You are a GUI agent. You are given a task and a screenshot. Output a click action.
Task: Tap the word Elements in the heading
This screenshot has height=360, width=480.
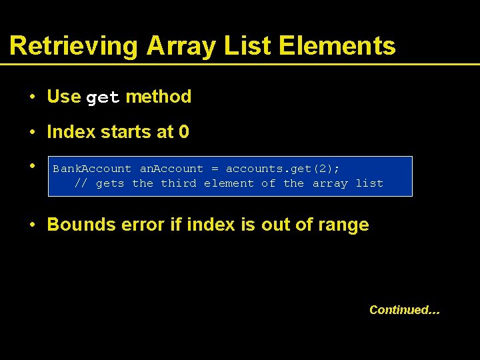(x=337, y=46)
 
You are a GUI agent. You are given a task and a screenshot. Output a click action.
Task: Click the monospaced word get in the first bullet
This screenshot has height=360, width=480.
(x=103, y=98)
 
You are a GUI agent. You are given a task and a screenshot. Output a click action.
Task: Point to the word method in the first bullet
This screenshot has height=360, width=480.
(x=158, y=97)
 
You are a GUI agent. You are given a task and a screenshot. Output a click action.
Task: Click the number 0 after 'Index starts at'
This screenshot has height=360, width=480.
(x=184, y=132)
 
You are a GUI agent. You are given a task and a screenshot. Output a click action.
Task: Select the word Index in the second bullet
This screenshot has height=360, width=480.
(x=71, y=132)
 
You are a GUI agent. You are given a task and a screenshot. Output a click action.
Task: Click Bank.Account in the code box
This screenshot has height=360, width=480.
(x=92, y=169)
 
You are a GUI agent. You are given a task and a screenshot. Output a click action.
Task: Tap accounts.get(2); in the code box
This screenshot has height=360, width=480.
(x=283, y=169)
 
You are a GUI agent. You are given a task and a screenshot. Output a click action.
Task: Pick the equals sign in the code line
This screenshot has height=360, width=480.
(x=215, y=169)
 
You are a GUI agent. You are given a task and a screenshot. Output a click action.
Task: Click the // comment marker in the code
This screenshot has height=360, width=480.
(x=81, y=183)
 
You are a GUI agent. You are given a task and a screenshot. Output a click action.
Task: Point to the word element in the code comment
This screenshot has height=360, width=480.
(x=229, y=183)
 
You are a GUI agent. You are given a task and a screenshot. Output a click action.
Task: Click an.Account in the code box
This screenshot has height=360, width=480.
(x=171, y=169)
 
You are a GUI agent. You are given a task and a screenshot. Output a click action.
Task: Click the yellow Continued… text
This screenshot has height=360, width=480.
(x=405, y=309)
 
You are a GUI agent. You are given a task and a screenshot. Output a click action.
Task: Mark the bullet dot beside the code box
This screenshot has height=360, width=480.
(x=32, y=165)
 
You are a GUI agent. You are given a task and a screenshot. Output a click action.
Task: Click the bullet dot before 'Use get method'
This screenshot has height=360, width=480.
(x=32, y=97)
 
